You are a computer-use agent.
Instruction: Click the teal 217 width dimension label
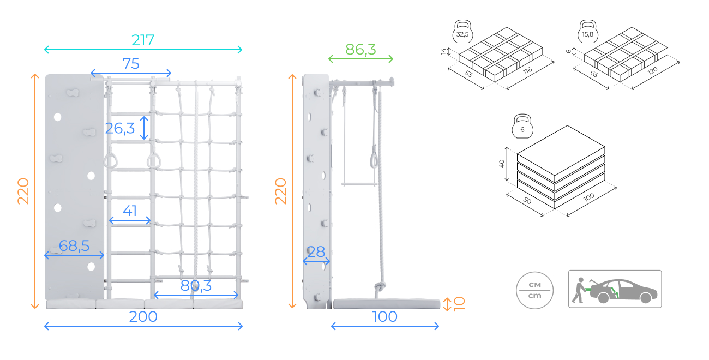143,40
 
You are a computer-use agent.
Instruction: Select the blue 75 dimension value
131,64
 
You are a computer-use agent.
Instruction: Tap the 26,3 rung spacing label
120,128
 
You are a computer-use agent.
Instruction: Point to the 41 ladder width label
129,211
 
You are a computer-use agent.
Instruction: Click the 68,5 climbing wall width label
74,245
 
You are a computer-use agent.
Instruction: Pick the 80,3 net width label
196,286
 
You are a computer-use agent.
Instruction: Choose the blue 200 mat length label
143,316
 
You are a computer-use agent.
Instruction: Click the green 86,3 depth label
360,50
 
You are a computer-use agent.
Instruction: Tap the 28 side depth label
316,252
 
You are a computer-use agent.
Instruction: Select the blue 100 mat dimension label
384,316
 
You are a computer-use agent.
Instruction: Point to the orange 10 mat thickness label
459,304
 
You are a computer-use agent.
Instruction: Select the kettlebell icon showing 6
522,127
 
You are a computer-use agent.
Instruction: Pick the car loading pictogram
615,289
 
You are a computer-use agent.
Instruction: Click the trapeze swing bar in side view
359,184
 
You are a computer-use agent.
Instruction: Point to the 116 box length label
527,70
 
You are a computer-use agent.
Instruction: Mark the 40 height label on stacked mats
502,164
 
